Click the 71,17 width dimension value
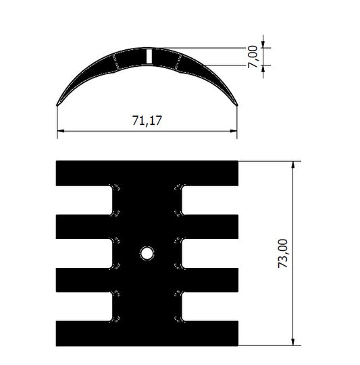click(147, 121)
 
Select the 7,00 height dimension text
click(253, 57)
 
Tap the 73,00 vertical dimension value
click(283, 253)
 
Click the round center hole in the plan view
click(147, 253)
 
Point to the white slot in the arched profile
click(149, 56)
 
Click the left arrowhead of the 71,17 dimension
click(61, 131)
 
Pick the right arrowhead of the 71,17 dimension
click(234, 131)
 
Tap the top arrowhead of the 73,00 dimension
click(293, 165)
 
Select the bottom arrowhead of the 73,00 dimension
click(293, 342)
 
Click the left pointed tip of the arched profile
click(57, 105)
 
